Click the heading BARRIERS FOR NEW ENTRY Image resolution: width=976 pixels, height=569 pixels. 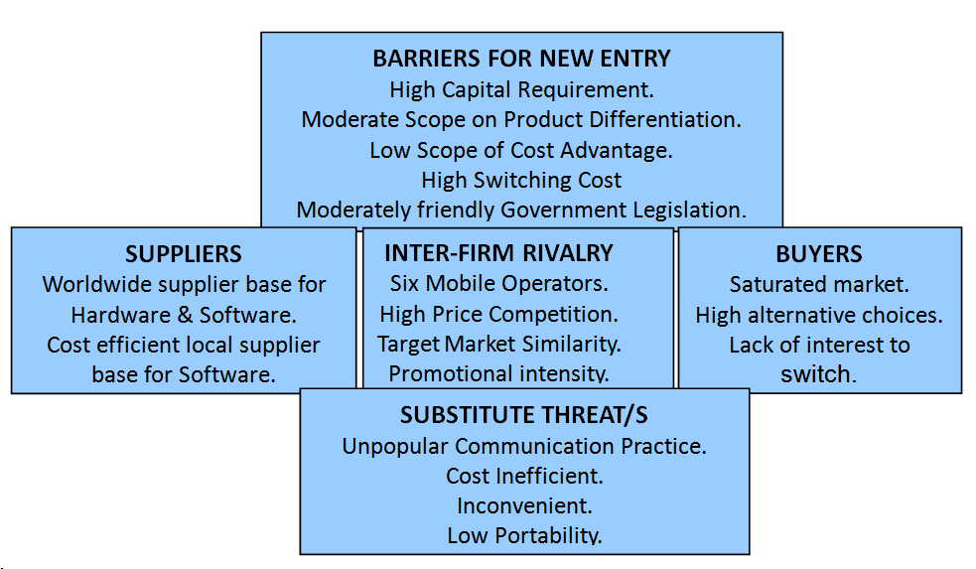click(x=521, y=59)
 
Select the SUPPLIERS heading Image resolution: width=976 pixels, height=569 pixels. click(x=184, y=254)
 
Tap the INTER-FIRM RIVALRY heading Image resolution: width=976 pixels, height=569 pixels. click(x=498, y=253)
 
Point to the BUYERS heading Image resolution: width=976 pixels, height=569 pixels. click(x=819, y=254)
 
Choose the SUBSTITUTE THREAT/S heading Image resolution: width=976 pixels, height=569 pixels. click(x=524, y=415)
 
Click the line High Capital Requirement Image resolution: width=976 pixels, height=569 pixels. click(x=521, y=90)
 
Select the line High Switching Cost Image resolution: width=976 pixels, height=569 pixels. click(x=521, y=180)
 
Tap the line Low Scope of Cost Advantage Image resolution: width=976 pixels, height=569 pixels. click(x=521, y=151)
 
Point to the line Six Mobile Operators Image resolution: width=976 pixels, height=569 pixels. click(x=498, y=284)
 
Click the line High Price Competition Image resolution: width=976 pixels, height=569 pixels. click(x=498, y=315)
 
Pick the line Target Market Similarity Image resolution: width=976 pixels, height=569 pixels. click(x=498, y=345)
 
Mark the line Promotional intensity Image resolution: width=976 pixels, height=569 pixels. click(x=498, y=373)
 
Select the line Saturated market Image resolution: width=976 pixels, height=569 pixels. click(x=819, y=284)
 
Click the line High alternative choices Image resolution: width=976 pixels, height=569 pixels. click(x=819, y=315)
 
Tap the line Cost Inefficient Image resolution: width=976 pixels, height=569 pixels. click(x=524, y=477)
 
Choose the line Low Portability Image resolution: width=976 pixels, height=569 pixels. click(x=524, y=535)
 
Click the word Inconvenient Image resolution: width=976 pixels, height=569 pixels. click(x=524, y=505)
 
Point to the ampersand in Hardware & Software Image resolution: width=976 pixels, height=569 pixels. click(x=185, y=315)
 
